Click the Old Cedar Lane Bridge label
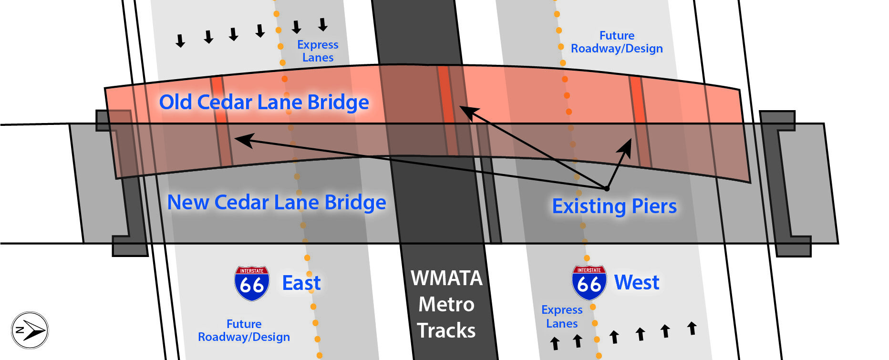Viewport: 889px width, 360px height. [264, 102]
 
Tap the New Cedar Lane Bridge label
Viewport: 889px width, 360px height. [277, 202]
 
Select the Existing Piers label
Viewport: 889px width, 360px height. [614, 206]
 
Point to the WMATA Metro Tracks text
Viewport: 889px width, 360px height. [446, 304]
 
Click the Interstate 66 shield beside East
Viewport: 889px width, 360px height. [252, 284]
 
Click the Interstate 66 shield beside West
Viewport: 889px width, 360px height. [589, 283]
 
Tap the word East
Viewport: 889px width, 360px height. [301, 283]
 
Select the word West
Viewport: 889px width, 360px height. [637, 282]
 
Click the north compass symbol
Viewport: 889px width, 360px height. [30, 330]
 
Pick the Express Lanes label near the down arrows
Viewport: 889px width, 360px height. [318, 51]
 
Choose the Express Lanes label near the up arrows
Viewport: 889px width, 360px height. [562, 317]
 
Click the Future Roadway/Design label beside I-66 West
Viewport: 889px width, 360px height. [617, 42]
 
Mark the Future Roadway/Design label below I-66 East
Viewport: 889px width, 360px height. [244, 330]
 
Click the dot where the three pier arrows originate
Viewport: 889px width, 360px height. [607, 189]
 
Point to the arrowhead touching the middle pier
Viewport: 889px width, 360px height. [467, 113]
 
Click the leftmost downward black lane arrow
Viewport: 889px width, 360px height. [180, 41]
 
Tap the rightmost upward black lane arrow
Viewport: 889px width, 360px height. [692, 328]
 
